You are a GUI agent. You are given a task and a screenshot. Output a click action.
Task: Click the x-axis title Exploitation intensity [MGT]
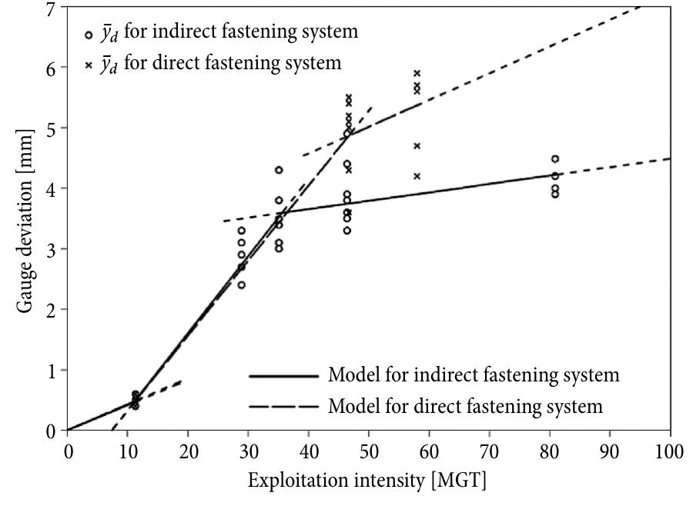367,481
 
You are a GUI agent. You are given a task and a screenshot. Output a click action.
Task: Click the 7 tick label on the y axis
52,9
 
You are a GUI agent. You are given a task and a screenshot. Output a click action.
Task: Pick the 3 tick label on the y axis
52,249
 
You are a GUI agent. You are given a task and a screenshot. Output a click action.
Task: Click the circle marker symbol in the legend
89,35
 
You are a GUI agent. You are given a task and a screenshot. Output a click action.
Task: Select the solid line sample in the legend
283,376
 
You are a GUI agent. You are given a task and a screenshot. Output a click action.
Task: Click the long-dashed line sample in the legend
283,404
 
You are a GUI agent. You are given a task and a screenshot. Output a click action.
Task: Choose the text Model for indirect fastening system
474,376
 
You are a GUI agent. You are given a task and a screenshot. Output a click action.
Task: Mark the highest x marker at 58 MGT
417,74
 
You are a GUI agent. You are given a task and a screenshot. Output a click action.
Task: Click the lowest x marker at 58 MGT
417,176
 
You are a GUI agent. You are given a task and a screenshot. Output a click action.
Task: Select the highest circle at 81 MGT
555,159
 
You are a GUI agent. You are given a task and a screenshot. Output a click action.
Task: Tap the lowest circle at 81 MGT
555,194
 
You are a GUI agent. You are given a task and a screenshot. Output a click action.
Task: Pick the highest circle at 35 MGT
279,170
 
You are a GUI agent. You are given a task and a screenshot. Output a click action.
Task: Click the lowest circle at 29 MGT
242,285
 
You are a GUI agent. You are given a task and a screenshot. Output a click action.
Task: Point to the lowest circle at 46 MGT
347,230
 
